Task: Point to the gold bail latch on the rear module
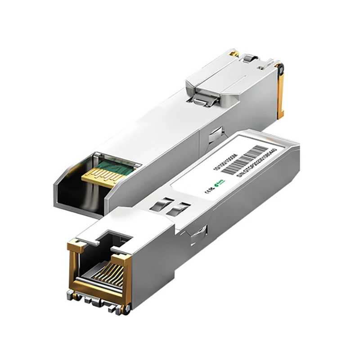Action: pos(281,94)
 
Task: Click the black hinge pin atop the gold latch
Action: pos(280,68)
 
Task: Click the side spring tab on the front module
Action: pos(198,234)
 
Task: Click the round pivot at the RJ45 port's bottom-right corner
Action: pos(127,307)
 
